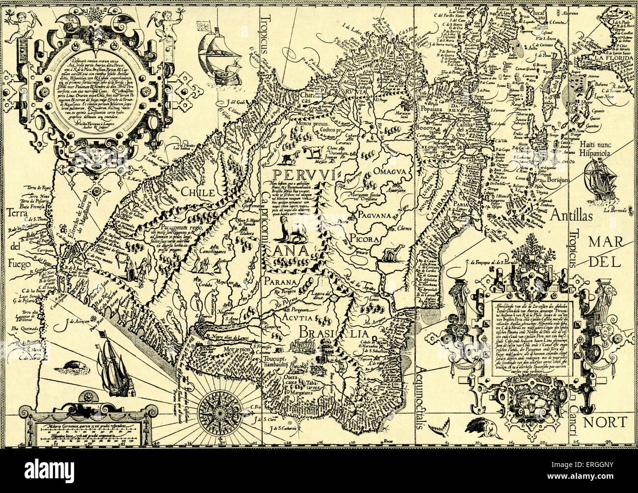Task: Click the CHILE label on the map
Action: coord(198,192)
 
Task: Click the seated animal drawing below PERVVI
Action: coord(291,229)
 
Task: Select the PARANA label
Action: coord(279,282)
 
